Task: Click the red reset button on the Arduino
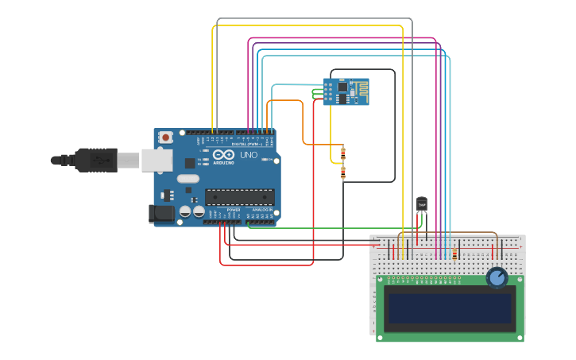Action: (165, 137)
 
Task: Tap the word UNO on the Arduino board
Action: (249, 155)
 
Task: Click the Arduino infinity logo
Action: (223, 155)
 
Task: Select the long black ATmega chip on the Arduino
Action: (240, 197)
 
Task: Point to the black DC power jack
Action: (162, 213)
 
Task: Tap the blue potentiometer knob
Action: (497, 277)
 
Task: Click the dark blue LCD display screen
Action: (450, 308)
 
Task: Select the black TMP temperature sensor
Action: (422, 204)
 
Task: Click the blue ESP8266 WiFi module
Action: (346, 91)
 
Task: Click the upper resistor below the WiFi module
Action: (342, 153)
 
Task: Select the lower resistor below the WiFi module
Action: (342, 172)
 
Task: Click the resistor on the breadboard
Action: (454, 254)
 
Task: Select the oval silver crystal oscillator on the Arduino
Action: (188, 179)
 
